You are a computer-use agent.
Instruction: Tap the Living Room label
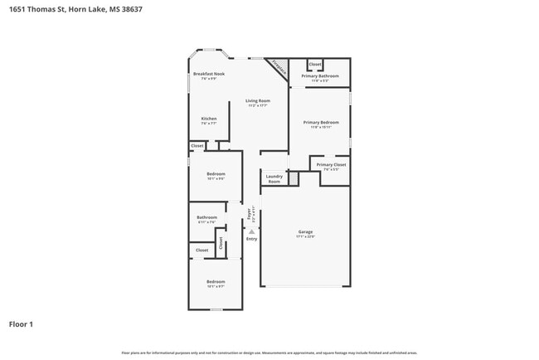click(x=257, y=101)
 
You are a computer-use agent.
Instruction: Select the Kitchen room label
click(x=209, y=119)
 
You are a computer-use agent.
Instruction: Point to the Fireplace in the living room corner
click(x=279, y=68)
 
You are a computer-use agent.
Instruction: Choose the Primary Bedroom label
click(x=320, y=123)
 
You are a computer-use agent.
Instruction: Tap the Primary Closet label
click(x=331, y=165)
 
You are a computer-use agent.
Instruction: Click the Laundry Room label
click(x=274, y=178)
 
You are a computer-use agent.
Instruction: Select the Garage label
click(x=305, y=231)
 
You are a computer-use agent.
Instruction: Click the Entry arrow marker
click(x=251, y=231)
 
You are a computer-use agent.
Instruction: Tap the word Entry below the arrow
click(x=251, y=239)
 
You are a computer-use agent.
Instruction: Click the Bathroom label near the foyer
click(x=206, y=218)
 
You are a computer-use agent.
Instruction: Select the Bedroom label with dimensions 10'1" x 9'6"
click(x=216, y=174)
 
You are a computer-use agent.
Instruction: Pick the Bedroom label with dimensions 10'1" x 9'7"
click(x=216, y=282)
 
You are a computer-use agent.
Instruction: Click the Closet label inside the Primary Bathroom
click(x=314, y=64)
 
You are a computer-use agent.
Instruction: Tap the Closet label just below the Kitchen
click(x=197, y=146)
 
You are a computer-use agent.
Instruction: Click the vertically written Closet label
click(x=221, y=243)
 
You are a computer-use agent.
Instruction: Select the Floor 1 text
click(x=22, y=324)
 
